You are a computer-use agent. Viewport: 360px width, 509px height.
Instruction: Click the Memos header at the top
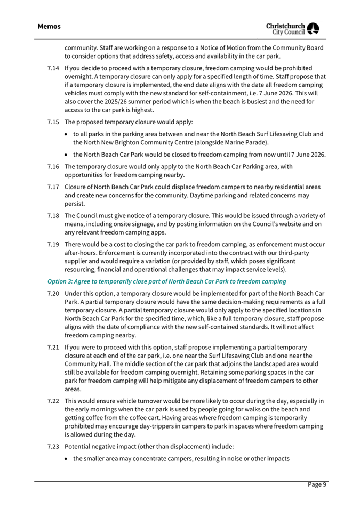pos(49,26)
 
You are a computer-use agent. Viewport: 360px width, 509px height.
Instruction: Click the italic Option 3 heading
pos(166,281)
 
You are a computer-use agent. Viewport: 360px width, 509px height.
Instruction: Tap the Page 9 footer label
pos(317,484)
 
